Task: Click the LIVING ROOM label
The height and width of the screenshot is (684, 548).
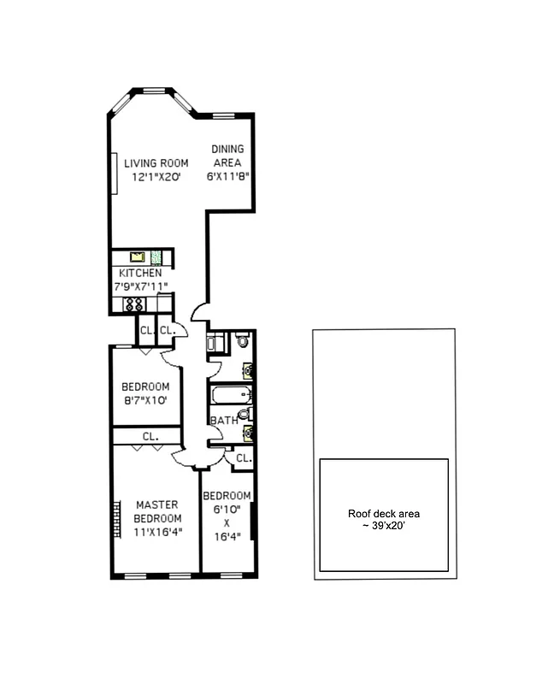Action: pos(156,163)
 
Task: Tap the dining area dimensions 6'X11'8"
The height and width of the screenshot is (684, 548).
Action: pos(227,178)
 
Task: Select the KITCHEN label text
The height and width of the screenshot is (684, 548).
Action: pos(140,274)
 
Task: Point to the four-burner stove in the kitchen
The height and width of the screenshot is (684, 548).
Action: pos(135,304)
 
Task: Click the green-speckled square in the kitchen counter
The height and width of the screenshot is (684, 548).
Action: pos(156,256)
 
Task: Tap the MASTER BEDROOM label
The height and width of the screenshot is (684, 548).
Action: pos(158,511)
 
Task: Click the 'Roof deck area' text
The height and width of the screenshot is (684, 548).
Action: pos(383,514)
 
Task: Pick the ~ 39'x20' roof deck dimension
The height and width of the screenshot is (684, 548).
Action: pos(383,526)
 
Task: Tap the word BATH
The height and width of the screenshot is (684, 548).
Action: pos(223,421)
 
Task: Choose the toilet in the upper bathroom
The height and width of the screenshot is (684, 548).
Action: pos(243,341)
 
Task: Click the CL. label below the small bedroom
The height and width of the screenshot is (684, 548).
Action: pos(150,436)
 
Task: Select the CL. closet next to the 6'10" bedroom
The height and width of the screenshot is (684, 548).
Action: pos(243,458)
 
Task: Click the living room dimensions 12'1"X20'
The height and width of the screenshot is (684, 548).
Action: pos(156,178)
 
